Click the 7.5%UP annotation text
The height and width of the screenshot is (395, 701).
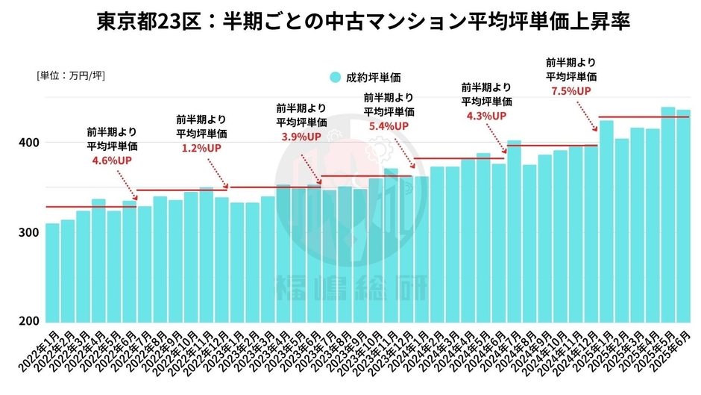coord(570,90)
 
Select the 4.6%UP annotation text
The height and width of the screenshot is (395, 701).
coord(112,160)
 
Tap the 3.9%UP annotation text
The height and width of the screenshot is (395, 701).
coord(301,137)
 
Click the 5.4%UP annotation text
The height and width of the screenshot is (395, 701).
coord(389,126)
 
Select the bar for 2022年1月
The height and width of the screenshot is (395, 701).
coord(52,273)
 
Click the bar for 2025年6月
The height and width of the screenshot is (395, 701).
coord(683,217)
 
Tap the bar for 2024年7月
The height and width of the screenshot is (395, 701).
coord(515,231)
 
